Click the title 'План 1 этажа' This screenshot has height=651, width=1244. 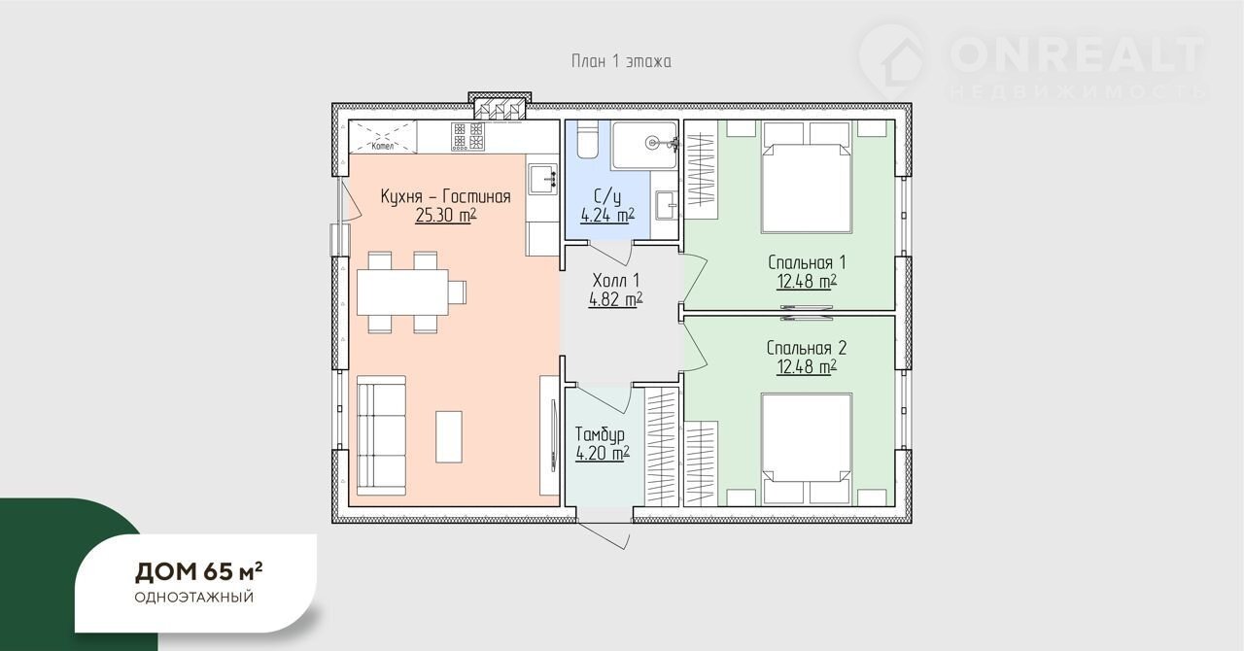(x=621, y=61)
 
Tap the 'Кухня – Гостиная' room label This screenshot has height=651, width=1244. (x=445, y=196)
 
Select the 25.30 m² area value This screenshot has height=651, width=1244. (x=445, y=216)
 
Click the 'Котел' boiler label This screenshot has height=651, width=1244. (x=383, y=146)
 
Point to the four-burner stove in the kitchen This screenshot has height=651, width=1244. (x=467, y=136)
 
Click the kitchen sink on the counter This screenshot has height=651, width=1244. (x=542, y=179)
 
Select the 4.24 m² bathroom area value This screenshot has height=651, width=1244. (x=607, y=216)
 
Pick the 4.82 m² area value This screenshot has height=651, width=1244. (x=615, y=300)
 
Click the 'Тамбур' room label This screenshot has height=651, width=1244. (x=600, y=433)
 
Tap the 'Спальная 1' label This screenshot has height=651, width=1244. (x=807, y=262)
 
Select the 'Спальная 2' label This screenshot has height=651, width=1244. (x=807, y=348)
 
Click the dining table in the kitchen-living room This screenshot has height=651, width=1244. (x=402, y=292)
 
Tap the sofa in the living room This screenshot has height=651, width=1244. (x=381, y=436)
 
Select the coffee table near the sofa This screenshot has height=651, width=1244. (x=449, y=436)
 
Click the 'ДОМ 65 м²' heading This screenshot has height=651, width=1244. (x=199, y=572)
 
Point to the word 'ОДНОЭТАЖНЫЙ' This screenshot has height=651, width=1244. (x=193, y=598)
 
